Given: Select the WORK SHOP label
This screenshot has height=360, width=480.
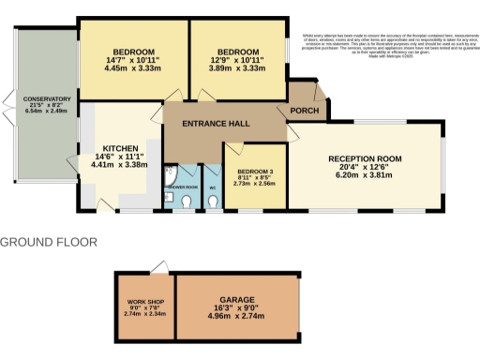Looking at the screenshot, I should pos(144,301).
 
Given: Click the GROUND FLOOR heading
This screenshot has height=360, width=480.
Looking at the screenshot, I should pos(49,242).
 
